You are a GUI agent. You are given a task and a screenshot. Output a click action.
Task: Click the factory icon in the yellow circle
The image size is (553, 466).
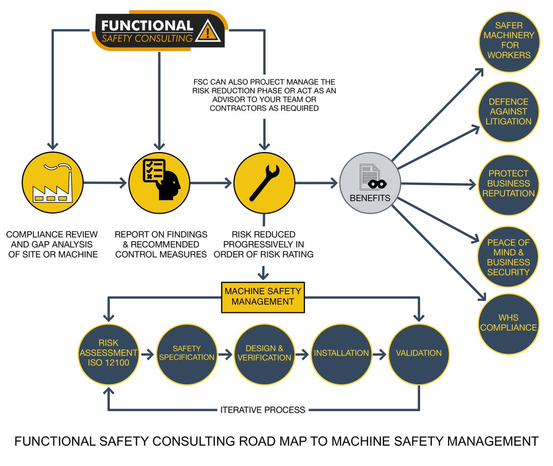click(x=53, y=183)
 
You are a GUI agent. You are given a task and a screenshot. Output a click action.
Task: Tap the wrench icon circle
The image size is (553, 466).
click(x=264, y=183)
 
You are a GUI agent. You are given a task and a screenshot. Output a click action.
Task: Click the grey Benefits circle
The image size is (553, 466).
click(x=370, y=183)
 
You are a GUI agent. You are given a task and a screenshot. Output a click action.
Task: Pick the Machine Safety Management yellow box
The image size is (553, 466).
click(x=263, y=296)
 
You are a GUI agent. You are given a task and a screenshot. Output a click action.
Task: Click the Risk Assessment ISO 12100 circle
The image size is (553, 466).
click(x=108, y=353)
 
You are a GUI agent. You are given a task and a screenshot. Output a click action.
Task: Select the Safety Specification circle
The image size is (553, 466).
click(x=187, y=353)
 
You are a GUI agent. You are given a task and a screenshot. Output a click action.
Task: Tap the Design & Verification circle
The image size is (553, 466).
click(x=264, y=353)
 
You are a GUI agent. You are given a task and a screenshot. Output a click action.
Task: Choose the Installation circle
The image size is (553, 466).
click(x=341, y=353)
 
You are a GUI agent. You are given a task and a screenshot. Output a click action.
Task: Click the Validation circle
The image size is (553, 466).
click(x=418, y=353)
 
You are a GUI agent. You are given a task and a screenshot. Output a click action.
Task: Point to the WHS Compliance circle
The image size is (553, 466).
click(x=508, y=323)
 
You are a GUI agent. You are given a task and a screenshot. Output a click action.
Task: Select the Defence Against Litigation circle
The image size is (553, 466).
click(x=508, y=112)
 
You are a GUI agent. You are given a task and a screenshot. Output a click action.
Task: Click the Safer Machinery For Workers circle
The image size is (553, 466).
click(x=509, y=41)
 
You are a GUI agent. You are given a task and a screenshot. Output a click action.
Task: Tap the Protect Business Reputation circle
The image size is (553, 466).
click(x=508, y=183)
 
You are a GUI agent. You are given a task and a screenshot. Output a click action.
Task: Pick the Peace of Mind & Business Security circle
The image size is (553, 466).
click(x=508, y=257)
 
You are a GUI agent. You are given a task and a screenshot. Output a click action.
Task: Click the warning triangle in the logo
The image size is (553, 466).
click(x=208, y=31)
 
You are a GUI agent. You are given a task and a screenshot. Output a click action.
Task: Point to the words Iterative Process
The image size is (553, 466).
click(x=263, y=410)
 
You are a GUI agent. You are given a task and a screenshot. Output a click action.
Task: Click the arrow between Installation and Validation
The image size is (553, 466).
click(x=379, y=354)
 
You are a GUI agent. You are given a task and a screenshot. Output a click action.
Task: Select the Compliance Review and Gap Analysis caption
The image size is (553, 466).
click(x=53, y=244)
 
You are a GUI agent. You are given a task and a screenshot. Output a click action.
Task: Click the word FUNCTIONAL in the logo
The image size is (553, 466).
click(x=147, y=25)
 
